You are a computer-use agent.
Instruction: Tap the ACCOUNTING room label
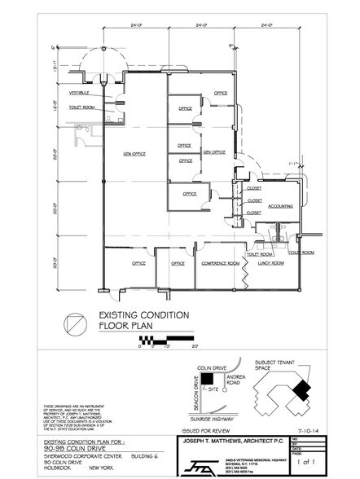[x=280, y=206]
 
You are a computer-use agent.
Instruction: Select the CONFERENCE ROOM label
[x=221, y=263]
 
